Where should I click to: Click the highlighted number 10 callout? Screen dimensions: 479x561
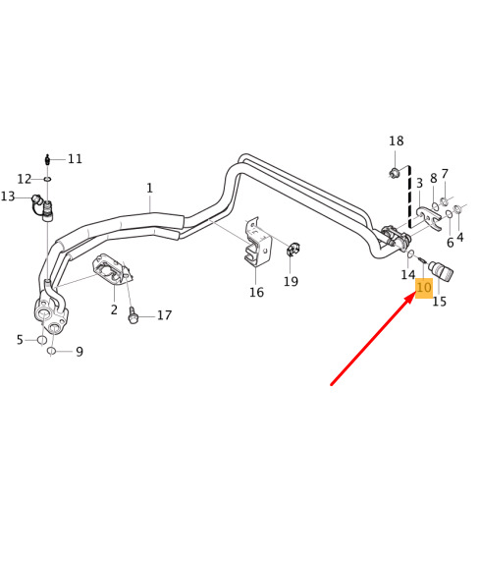[x=424, y=288]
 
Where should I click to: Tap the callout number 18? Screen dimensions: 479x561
[x=397, y=140]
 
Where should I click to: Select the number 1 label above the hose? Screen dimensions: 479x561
[x=150, y=188]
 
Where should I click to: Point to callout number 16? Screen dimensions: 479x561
[x=256, y=293]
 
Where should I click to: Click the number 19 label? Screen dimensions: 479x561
[x=291, y=281]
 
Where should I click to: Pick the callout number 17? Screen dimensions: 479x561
[x=165, y=315]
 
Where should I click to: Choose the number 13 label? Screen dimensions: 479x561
[x=8, y=196]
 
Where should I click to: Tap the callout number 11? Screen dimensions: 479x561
[x=75, y=158]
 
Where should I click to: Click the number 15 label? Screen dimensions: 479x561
[x=440, y=302]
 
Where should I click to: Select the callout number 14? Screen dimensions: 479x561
[x=408, y=275]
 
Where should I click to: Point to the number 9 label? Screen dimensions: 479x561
[x=80, y=352]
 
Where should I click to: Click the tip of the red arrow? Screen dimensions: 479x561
[x=414, y=295]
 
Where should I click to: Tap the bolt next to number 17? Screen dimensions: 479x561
[x=133, y=315]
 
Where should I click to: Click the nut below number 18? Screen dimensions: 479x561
[x=394, y=173]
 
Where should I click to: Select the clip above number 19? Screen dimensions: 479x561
[x=293, y=249]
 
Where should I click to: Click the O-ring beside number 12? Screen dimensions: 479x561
[x=48, y=179]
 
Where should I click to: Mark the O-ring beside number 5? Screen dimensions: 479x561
[x=42, y=340]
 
